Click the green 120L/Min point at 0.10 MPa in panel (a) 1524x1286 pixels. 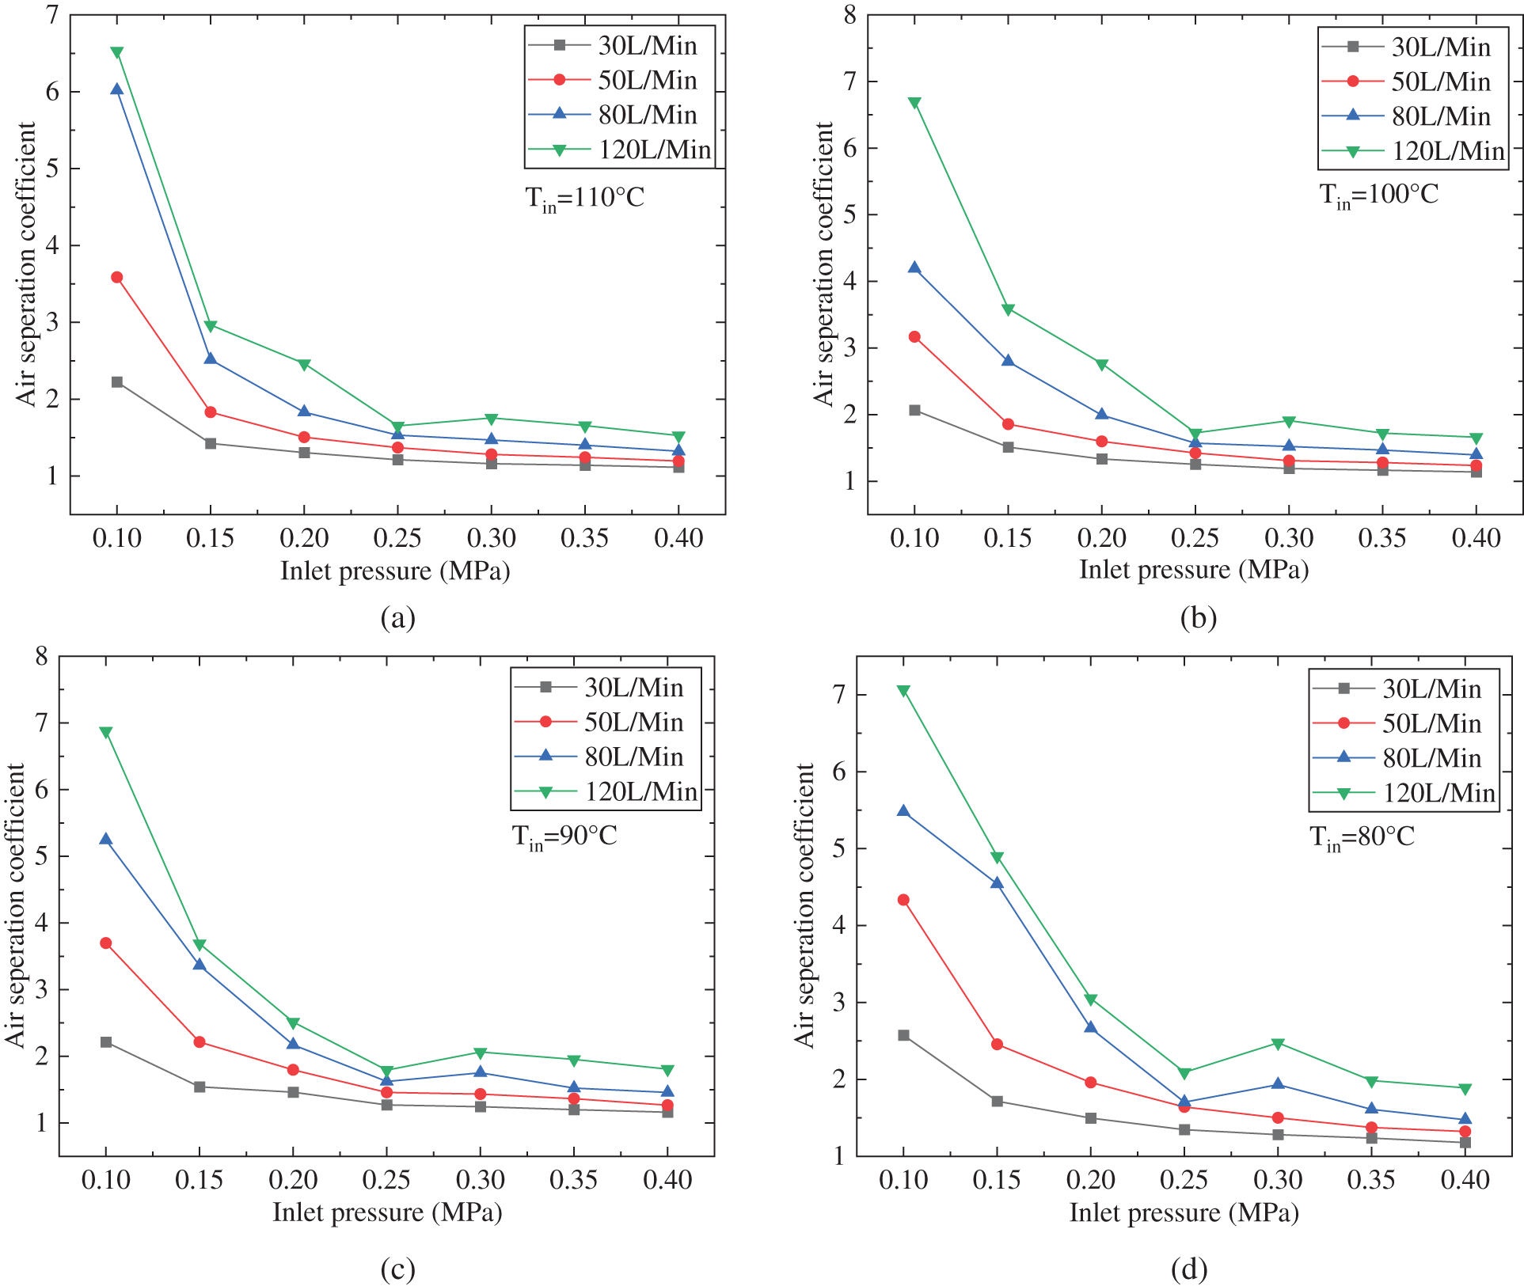point(117,52)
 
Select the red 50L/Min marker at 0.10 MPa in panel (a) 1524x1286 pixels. point(117,277)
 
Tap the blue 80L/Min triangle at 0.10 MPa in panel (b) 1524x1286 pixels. point(914,267)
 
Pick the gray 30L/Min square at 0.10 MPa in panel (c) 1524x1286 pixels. point(106,1042)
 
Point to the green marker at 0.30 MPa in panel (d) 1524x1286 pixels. point(1278,1044)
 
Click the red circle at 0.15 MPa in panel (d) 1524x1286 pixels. point(997,1045)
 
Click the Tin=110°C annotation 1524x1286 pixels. point(585,198)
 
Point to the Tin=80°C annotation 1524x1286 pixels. point(1362,837)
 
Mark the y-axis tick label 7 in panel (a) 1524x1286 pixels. point(52,14)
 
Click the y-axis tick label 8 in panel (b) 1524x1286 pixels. point(849,14)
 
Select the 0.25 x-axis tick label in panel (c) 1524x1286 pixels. point(386,1180)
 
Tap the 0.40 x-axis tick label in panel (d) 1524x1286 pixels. point(1465,1180)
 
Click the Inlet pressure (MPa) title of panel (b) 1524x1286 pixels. point(1194,570)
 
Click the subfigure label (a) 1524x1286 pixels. point(397,617)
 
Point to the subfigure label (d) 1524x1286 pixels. point(1189,1269)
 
